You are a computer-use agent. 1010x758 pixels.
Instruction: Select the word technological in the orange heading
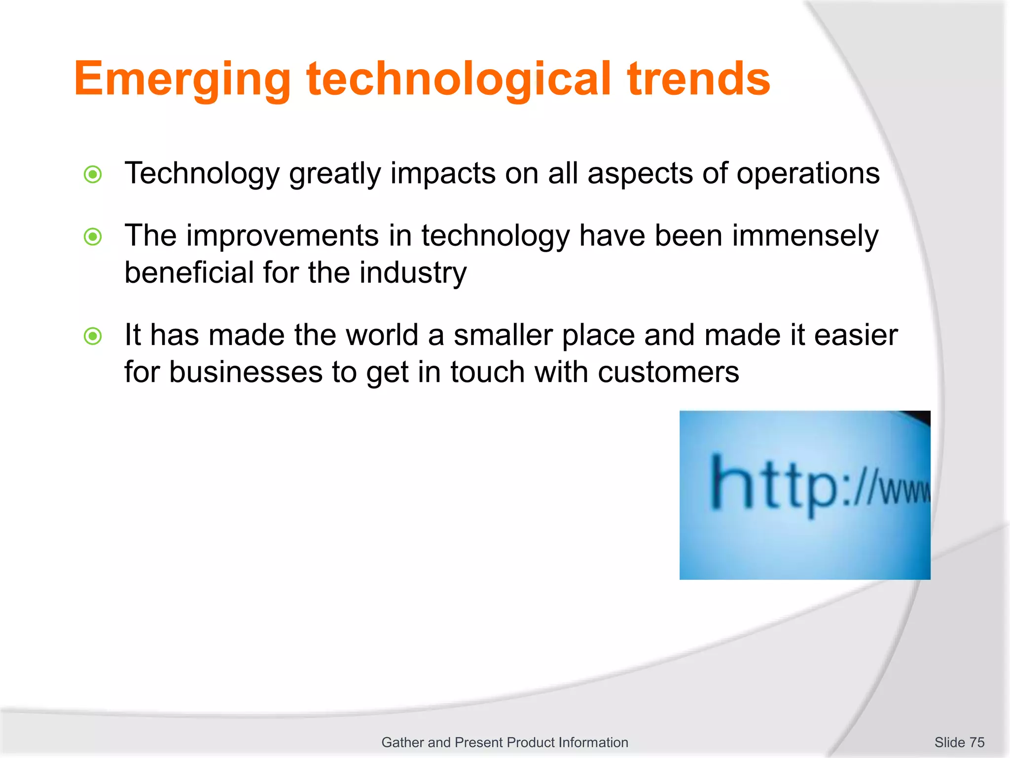coord(459,79)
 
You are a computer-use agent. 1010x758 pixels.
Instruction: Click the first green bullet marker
coord(93,174)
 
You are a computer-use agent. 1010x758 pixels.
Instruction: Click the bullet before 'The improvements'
coord(93,237)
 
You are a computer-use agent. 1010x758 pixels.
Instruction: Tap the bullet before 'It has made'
coord(93,336)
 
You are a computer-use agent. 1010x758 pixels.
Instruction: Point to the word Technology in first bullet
coord(202,174)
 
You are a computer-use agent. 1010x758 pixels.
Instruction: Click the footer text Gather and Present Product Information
coord(505,742)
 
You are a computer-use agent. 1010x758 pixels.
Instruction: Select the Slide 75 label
coord(959,742)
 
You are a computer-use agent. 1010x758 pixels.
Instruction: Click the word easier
coord(856,335)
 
